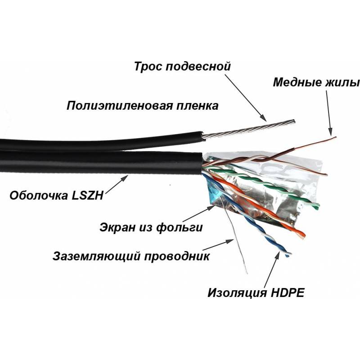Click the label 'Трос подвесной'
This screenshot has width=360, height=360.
(x=182, y=67)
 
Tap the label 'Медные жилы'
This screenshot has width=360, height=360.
(x=316, y=83)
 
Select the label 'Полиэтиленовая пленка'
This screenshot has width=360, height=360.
(x=143, y=106)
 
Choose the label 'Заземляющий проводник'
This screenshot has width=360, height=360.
(x=130, y=257)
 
